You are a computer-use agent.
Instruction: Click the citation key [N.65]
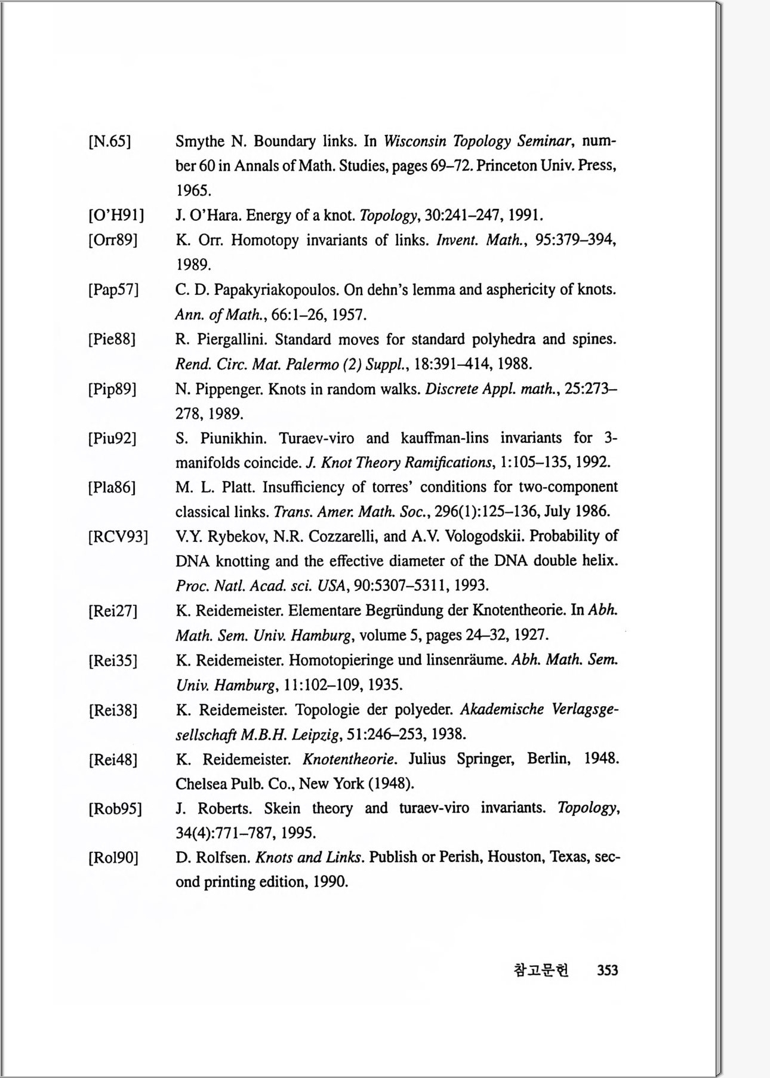click(110, 142)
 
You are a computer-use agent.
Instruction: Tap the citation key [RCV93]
click(118, 537)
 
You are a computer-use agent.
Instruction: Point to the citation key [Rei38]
click(113, 710)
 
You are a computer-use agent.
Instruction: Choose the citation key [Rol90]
click(113, 858)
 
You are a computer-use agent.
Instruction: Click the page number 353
click(607, 971)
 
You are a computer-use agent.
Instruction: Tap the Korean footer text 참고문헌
click(541, 971)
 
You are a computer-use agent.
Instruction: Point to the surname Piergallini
click(233, 340)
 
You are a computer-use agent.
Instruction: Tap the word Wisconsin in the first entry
click(415, 141)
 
